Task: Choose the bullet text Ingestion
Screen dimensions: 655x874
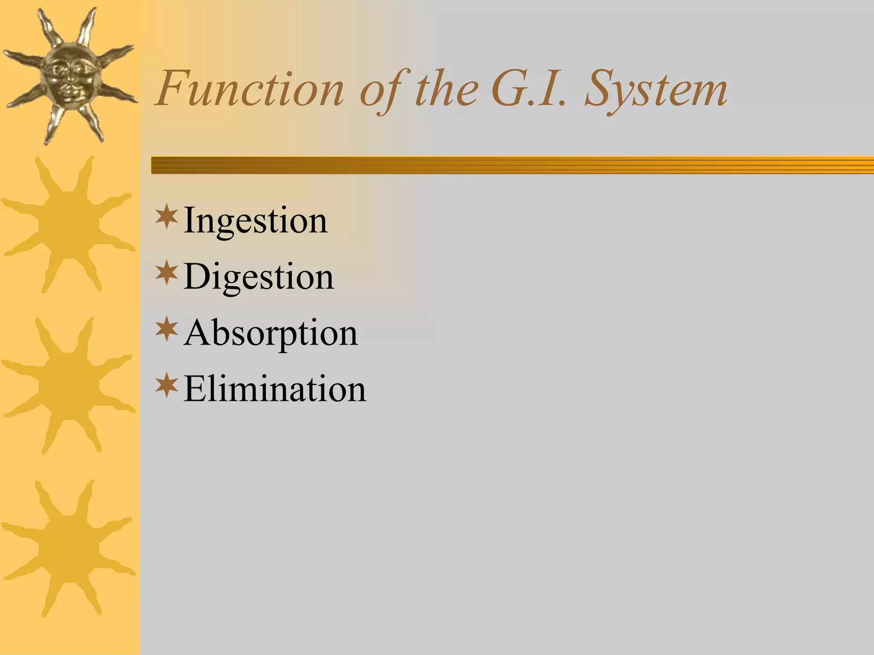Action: [x=255, y=221]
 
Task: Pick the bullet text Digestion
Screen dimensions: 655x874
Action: [x=259, y=277]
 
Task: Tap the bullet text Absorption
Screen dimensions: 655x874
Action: [x=271, y=333]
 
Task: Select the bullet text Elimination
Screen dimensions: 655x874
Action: [x=275, y=389]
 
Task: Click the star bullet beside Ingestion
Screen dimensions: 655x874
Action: [x=166, y=217]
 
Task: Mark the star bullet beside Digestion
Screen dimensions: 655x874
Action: [x=166, y=273]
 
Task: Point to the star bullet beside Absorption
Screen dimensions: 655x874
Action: [x=166, y=330]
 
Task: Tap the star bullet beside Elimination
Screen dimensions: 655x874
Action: [x=166, y=385]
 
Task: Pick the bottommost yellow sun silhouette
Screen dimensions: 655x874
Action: [x=68, y=548]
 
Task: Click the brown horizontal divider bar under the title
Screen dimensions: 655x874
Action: [x=512, y=165]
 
